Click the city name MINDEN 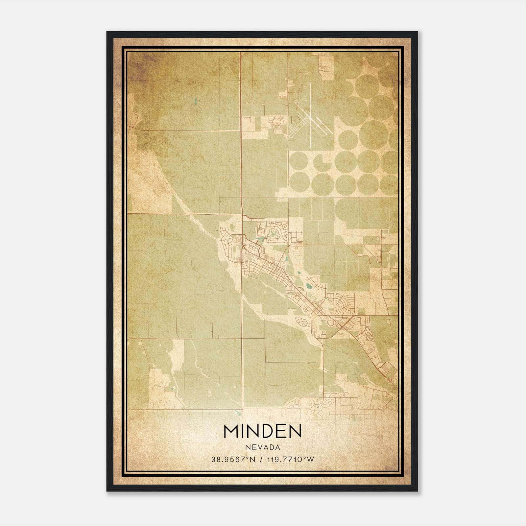(262, 431)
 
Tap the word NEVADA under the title (262, 447)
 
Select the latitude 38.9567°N (233, 460)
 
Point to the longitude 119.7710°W (289, 460)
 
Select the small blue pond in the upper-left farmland (196, 101)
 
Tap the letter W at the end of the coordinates (311, 460)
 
